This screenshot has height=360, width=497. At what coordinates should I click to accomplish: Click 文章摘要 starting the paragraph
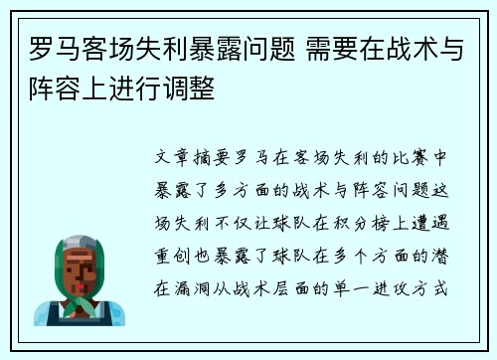coord(196,157)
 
